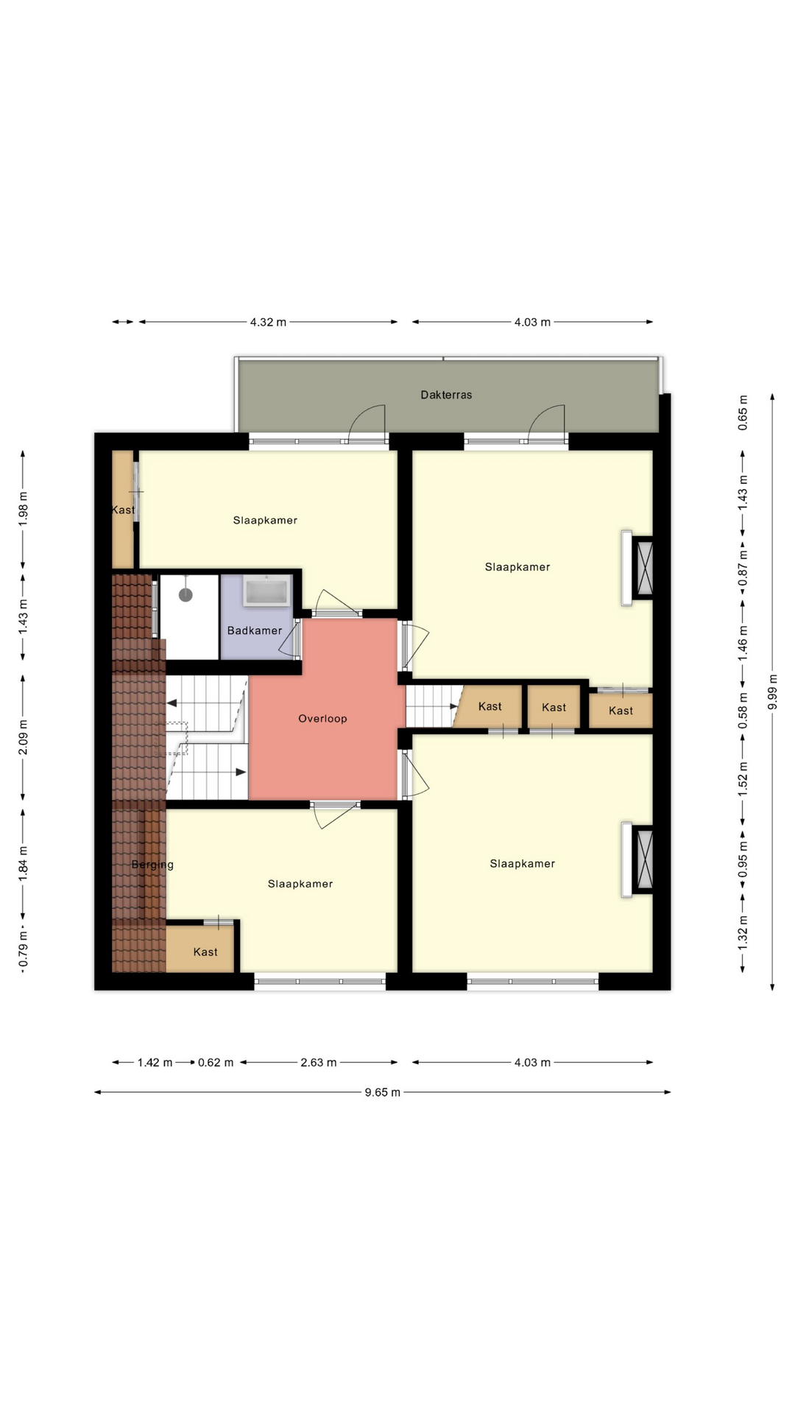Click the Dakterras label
[x=446, y=395]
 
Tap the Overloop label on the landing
[x=322, y=719]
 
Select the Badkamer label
[x=255, y=630]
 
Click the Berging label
[x=152, y=865]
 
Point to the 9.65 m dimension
[x=383, y=1092]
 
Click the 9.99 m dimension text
[x=772, y=692]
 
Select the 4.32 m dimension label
[x=268, y=322]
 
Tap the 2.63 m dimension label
[x=319, y=1062]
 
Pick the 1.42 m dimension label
[x=155, y=1062]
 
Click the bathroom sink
[x=266, y=591]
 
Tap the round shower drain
[x=185, y=594]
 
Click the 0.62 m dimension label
[x=216, y=1062]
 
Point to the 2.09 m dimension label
[x=23, y=737]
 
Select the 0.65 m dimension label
[x=743, y=413]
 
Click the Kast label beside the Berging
[x=205, y=952]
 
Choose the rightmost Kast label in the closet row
[x=621, y=711]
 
